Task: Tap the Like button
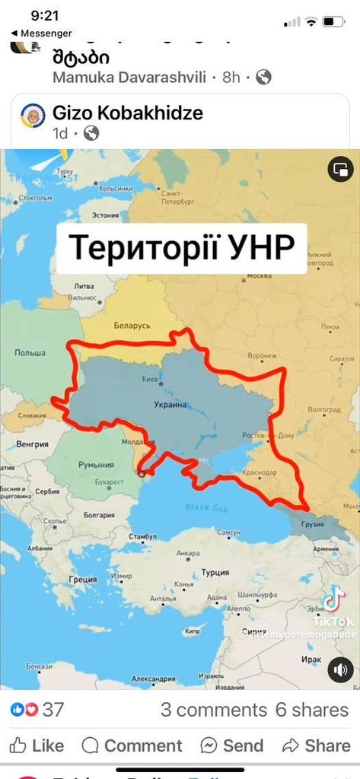[37, 745]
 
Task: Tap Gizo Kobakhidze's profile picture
[33, 116]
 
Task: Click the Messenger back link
[41, 33]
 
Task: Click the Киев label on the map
[151, 378]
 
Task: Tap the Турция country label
[215, 572]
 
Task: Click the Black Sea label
[202, 507]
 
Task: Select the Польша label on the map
[30, 353]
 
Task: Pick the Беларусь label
[132, 325]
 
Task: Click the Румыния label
[97, 465]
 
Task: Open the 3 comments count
[213, 710]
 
